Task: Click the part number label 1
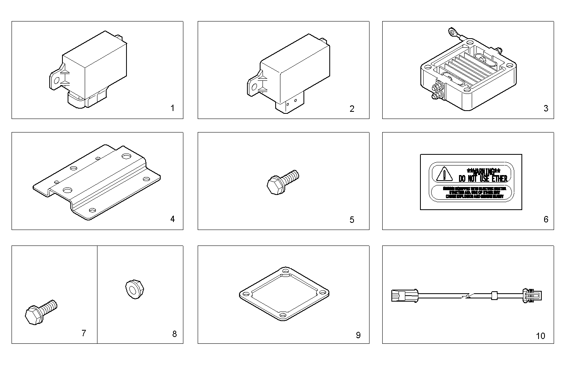[x=172, y=108]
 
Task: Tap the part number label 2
[x=352, y=109]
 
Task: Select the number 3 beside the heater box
[x=546, y=108]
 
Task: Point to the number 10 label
[x=541, y=336]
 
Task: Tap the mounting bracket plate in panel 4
[x=97, y=182]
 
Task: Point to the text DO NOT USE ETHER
[x=483, y=178]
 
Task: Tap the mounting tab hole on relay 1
[x=56, y=81]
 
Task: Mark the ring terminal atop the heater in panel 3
[x=452, y=30]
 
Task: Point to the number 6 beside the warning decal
[x=546, y=219]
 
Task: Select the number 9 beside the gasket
[x=358, y=335]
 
